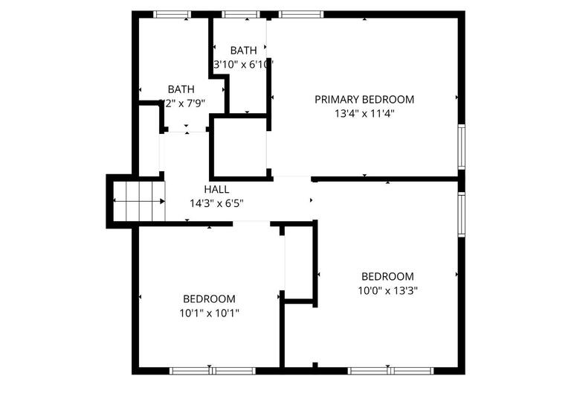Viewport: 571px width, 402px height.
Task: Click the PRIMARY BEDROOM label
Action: tap(364, 99)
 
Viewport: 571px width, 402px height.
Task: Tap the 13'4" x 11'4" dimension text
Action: tap(364, 114)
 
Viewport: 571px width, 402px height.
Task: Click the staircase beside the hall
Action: tap(138, 201)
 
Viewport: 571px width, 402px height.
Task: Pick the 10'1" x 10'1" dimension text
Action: tap(209, 313)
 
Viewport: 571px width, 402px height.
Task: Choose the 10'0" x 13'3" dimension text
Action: tap(387, 291)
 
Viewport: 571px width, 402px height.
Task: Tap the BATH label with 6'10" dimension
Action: tap(243, 51)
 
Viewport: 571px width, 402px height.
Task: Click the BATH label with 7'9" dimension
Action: tap(181, 89)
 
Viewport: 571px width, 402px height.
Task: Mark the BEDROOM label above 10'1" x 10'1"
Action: tap(209, 299)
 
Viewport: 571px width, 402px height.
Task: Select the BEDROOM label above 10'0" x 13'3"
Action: tap(387, 276)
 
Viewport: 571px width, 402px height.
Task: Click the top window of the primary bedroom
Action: tap(301, 13)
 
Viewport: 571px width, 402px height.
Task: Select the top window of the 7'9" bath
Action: tap(171, 13)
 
